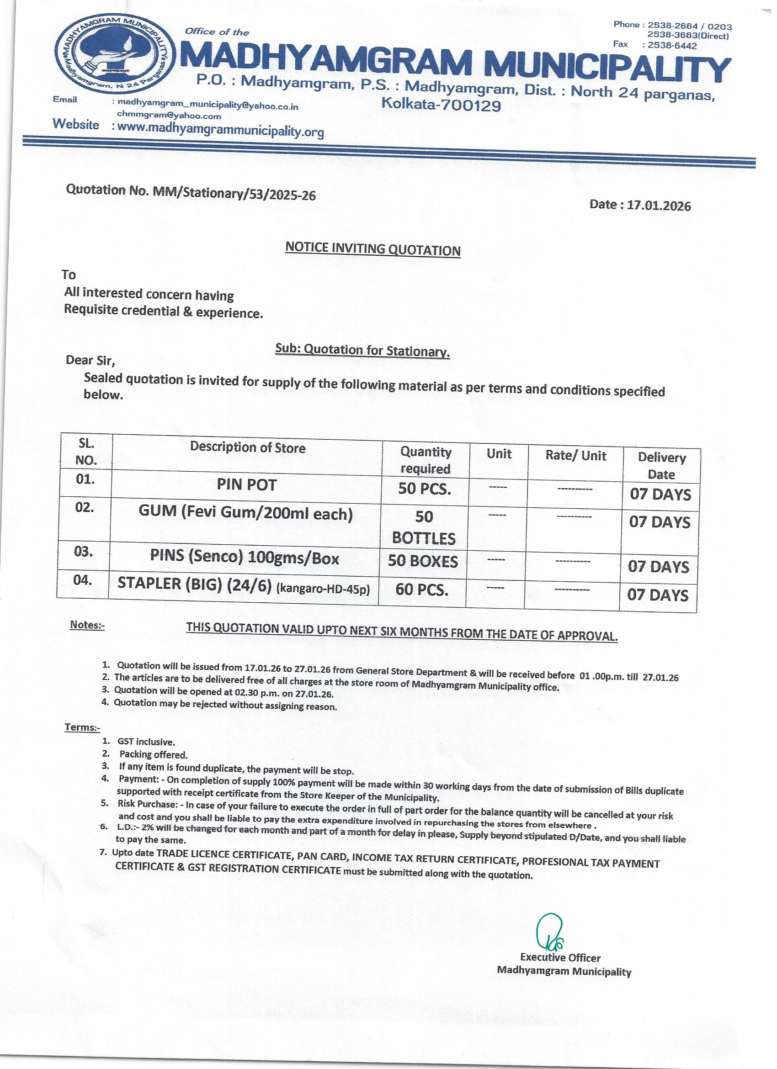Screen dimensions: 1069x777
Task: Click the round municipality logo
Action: coord(116,57)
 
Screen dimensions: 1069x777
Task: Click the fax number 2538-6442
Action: coord(672,46)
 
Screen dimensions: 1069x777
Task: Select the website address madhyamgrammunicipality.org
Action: coord(220,129)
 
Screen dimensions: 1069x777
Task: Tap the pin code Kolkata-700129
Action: coord(441,104)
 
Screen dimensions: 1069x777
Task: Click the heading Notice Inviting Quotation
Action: coord(373,249)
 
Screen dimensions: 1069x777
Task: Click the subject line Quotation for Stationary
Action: coord(362,350)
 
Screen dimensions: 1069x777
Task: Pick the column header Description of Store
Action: coord(248,448)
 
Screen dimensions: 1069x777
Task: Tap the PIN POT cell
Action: coord(247,484)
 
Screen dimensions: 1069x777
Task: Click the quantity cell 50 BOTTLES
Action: coord(424,527)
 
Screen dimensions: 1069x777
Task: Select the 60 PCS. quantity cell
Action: coord(422,589)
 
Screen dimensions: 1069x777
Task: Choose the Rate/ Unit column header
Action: coord(575,455)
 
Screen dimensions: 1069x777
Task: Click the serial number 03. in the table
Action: coord(84,552)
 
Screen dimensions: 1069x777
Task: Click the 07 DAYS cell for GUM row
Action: coord(660,522)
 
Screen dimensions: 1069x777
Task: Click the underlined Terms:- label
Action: coord(82,727)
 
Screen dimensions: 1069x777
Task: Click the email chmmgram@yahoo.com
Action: coord(169,116)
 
